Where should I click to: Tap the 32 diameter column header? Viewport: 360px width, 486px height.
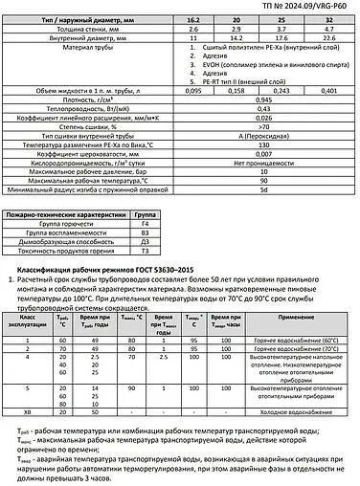[329, 19]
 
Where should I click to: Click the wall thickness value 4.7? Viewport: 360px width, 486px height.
[329, 29]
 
